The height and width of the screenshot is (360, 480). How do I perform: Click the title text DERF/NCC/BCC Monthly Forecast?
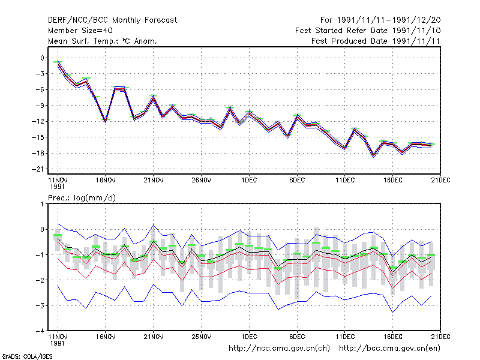[112, 20]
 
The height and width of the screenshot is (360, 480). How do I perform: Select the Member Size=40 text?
[80, 31]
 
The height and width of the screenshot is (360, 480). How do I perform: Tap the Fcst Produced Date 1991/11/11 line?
[376, 41]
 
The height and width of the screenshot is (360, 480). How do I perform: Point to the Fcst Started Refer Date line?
[368, 31]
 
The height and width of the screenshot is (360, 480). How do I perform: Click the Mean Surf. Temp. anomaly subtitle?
[103, 41]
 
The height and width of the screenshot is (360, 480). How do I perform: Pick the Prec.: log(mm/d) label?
[82, 198]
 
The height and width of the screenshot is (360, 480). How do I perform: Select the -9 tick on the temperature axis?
[40, 106]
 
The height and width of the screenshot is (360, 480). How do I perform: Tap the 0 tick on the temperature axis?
[42, 58]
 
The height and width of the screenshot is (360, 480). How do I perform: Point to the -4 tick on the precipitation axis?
[41, 331]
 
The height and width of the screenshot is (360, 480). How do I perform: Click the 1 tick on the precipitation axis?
[42, 204]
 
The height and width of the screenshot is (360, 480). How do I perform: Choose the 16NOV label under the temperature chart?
[106, 181]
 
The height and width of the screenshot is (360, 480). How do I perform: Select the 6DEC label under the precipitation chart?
[297, 337]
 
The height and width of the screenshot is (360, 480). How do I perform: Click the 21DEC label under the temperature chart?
[440, 181]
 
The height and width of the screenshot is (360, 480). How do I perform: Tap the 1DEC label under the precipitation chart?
[249, 337]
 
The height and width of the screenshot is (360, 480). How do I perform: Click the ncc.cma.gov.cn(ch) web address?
[280, 349]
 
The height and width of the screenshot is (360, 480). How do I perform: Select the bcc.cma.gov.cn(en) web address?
[389, 349]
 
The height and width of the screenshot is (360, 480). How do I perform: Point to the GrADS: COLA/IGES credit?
[27, 356]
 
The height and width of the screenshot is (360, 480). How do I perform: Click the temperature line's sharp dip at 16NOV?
[106, 122]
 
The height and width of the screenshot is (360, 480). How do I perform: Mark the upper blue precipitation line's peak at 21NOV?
[154, 225]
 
